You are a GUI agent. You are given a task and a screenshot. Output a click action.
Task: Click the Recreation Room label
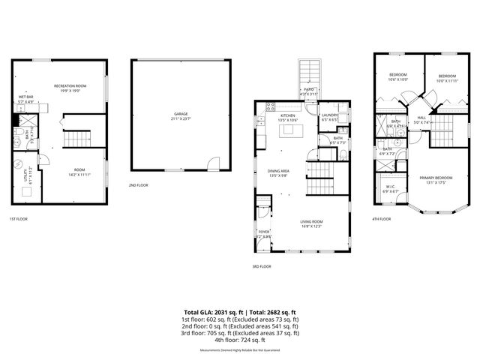(70, 86)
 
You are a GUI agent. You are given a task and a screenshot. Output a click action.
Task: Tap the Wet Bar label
(25, 97)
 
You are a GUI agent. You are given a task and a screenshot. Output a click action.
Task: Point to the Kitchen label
(289, 116)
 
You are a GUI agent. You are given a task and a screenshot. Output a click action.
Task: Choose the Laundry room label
(330, 116)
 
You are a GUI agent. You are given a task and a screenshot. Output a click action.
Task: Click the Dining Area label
(278, 172)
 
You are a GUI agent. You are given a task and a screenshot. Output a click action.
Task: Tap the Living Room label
(311, 221)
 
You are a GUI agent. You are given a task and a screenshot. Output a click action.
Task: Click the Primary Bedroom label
(436, 177)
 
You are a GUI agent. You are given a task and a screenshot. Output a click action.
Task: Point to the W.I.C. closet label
(391, 187)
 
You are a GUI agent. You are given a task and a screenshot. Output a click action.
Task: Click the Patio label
(308, 89)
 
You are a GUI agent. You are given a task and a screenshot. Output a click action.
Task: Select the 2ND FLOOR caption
(138, 184)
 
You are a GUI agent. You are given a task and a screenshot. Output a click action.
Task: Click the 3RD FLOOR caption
(262, 266)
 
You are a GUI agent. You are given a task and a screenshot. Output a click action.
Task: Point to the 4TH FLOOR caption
(381, 219)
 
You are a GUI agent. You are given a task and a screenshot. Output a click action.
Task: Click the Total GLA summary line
(240, 311)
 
